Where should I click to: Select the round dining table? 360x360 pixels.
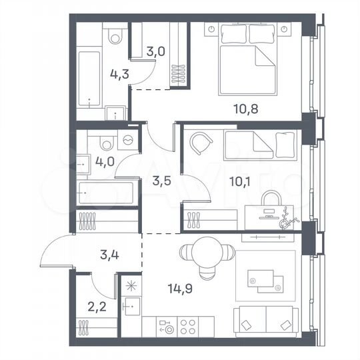[x=207, y=253]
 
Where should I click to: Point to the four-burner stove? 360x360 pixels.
[x=187, y=326]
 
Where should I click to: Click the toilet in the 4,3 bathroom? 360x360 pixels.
[x=115, y=36]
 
